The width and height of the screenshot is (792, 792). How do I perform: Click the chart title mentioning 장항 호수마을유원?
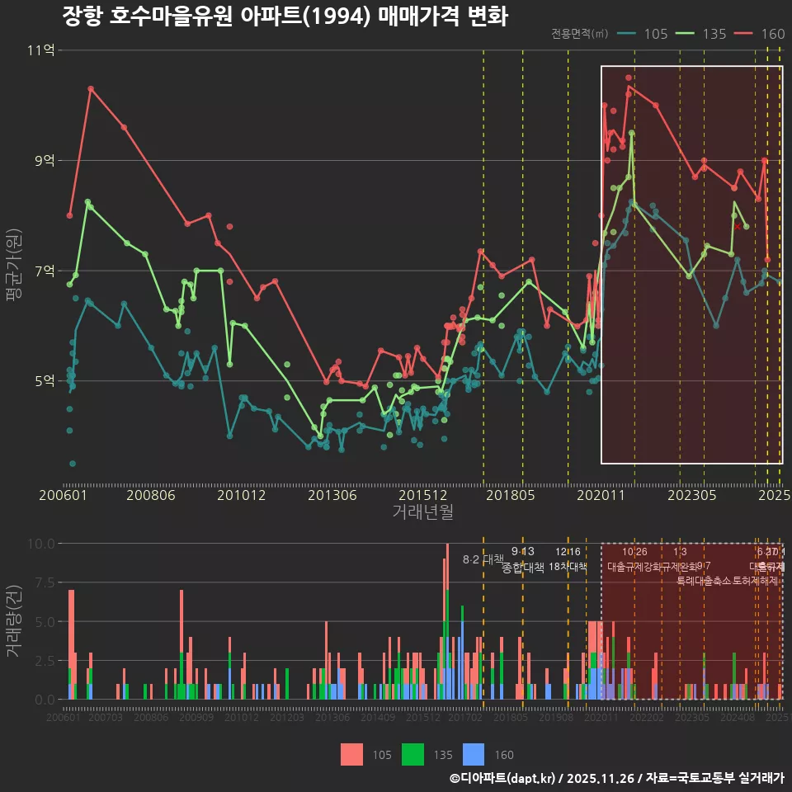click(285, 16)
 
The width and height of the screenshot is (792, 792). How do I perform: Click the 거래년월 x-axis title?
click(422, 512)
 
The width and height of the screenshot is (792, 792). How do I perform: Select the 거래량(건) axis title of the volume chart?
click(13, 621)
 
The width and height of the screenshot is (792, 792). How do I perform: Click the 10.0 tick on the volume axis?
click(40, 544)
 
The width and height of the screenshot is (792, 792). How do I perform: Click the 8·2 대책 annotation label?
click(483, 559)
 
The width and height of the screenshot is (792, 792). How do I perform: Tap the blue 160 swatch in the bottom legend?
click(474, 754)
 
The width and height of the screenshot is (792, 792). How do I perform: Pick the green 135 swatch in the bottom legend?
click(412, 754)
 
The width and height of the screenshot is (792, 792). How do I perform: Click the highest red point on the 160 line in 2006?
click(91, 88)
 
